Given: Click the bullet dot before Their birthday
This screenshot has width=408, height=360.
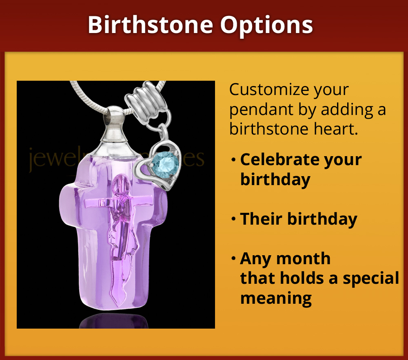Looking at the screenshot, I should (x=233, y=219).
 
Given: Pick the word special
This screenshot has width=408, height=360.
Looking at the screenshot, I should (x=371, y=278).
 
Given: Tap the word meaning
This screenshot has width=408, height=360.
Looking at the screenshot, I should (x=276, y=298).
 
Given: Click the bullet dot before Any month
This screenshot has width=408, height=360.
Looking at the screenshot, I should (x=233, y=259).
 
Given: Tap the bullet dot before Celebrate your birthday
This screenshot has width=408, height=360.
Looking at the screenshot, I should (x=233, y=160).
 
